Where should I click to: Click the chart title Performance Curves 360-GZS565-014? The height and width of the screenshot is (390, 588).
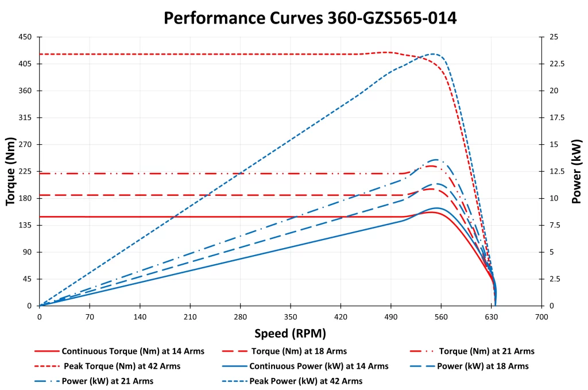click(310, 18)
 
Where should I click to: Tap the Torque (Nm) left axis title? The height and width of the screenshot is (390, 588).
click(10, 171)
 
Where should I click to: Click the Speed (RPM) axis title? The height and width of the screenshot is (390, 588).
click(290, 334)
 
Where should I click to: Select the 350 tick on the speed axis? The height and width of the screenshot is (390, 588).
click(291, 316)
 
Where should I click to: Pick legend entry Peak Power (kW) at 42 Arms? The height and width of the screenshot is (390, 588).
click(305, 381)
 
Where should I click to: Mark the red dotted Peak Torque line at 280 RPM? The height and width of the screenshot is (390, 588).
click(240, 54)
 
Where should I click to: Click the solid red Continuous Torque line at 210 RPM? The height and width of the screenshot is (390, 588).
click(190, 217)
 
